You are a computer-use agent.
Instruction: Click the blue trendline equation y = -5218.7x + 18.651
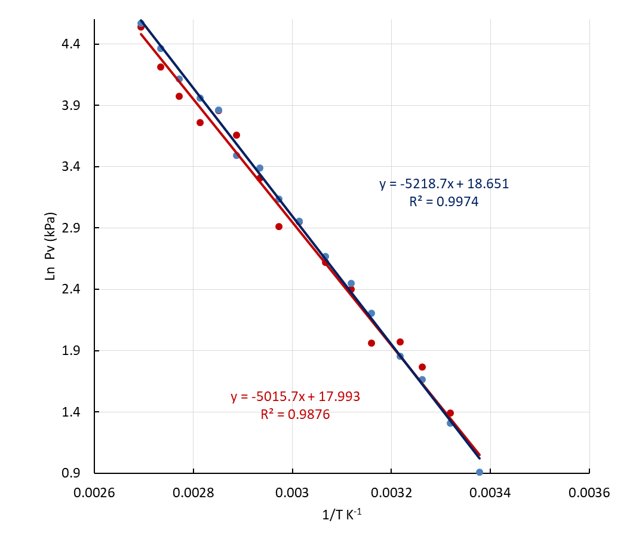pyautogui.click(x=444, y=184)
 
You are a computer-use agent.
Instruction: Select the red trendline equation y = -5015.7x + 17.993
pyautogui.click(x=295, y=397)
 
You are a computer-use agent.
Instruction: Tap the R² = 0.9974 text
pyautogui.click(x=444, y=202)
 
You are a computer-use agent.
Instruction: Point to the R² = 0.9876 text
pyautogui.click(x=295, y=414)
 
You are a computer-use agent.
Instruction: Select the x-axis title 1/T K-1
pyautogui.click(x=342, y=514)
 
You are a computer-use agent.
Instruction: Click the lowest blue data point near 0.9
pyautogui.click(x=480, y=472)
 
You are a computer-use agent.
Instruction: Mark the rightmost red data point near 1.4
pyautogui.click(x=450, y=413)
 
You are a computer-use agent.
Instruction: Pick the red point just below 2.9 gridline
pyautogui.click(x=279, y=227)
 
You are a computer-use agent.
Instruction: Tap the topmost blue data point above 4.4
pyautogui.click(x=141, y=23)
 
